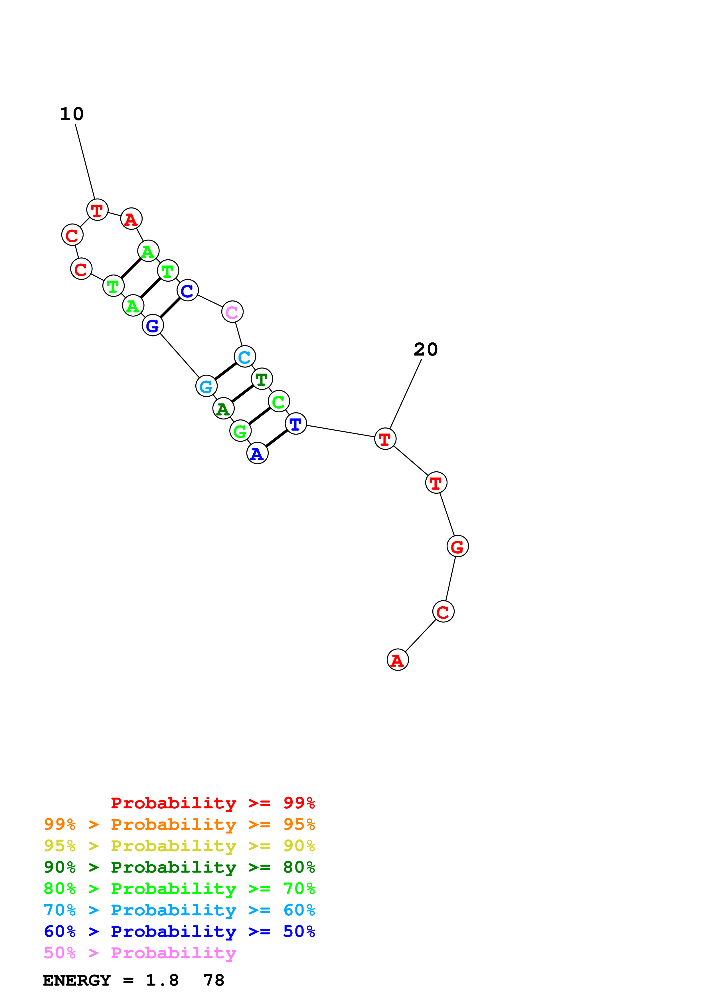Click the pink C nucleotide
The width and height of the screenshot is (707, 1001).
click(x=232, y=312)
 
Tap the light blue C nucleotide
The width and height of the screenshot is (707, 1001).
click(x=244, y=357)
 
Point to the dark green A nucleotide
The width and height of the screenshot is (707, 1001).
click(x=223, y=409)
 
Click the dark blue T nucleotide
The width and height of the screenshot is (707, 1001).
click(x=295, y=423)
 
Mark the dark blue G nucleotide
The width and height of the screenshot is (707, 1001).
click(x=153, y=325)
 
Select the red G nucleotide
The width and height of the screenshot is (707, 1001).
click(x=457, y=546)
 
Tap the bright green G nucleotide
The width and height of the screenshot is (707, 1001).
click(x=240, y=431)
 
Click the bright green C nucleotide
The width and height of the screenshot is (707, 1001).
click(x=278, y=401)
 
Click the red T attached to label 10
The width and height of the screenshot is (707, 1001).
click(x=97, y=210)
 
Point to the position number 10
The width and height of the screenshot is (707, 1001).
click(x=71, y=114)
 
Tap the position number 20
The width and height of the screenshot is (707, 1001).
click(x=426, y=349)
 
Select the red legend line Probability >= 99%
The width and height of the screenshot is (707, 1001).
click(x=212, y=803)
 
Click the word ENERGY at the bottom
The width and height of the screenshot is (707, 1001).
click(x=77, y=980)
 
